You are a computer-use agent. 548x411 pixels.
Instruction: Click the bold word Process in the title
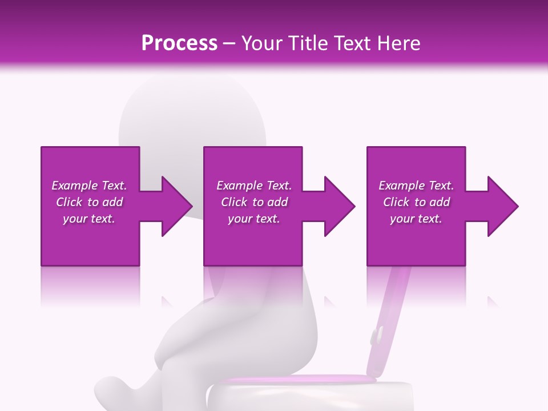[179, 43]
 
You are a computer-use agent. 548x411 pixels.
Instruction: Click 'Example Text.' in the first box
[89, 186]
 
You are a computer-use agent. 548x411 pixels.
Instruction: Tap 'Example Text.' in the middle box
[254, 186]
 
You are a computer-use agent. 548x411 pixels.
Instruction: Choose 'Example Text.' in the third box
[416, 186]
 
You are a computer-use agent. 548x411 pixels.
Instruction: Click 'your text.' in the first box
[89, 219]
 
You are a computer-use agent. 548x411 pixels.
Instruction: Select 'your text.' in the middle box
[254, 219]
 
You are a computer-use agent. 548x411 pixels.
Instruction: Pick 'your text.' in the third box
[416, 219]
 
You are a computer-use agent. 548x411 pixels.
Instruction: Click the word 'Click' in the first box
[69, 202]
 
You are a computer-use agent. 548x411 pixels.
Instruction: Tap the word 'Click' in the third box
[397, 202]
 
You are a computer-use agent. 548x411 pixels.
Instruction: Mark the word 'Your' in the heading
[261, 43]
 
